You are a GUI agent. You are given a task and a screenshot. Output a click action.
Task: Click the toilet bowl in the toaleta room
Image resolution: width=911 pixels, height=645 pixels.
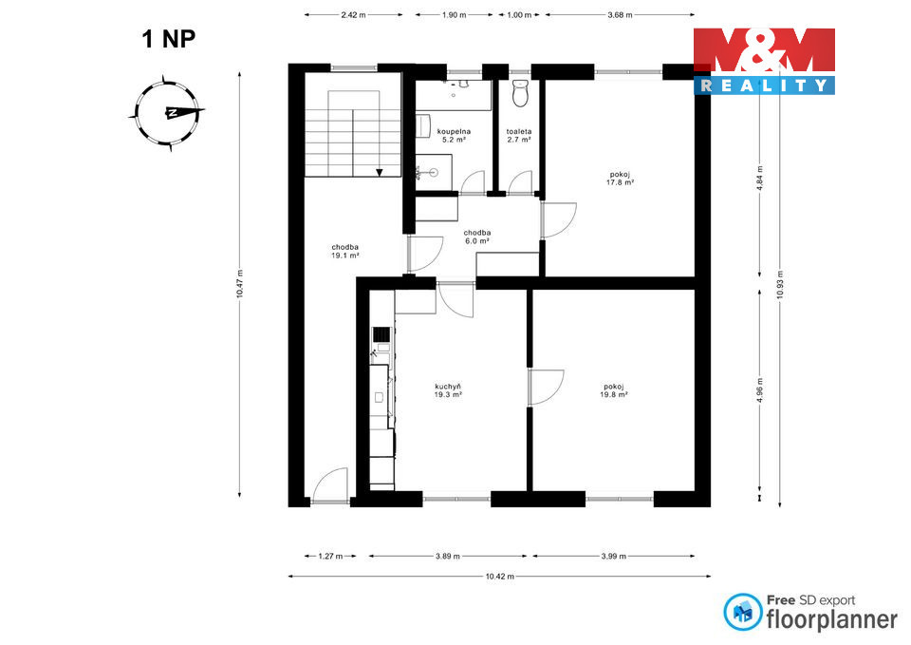coord(521,93)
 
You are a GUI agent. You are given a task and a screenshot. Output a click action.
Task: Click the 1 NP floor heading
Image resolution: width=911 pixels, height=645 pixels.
coord(169,39)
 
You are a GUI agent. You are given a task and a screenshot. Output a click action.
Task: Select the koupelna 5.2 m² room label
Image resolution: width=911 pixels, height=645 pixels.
coord(454,136)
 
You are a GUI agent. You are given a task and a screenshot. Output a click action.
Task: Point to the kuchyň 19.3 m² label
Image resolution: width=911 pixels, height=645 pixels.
coord(448,390)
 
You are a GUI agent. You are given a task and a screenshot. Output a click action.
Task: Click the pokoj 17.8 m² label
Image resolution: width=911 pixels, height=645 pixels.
coord(620,178)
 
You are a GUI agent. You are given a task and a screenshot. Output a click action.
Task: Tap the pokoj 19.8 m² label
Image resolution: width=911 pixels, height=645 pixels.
coord(614,390)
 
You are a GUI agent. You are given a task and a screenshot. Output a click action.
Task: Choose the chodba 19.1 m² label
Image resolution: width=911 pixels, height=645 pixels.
coord(345,251)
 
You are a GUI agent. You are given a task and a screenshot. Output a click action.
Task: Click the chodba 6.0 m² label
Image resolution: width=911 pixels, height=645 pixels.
coord(477,237)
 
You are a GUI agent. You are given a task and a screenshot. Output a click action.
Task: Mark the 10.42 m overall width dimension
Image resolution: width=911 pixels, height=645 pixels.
coord(500,577)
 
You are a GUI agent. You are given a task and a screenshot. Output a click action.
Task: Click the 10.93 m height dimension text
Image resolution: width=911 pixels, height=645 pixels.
coord(780,285)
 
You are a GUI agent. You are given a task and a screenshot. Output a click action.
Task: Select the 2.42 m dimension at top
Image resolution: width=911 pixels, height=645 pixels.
coord(353,15)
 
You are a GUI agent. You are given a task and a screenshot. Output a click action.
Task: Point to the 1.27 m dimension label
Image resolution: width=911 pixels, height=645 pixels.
coord(330,556)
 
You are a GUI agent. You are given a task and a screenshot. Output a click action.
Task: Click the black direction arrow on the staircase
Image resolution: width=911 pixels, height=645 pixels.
coord(380,172)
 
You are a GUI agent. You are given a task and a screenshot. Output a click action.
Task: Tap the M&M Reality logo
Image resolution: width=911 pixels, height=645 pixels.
coord(764,61)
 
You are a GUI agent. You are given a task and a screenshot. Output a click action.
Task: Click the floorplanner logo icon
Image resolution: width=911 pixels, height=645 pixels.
coord(742,612)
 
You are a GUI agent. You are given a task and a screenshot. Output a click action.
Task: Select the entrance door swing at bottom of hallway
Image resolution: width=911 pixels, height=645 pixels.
coord(330,485)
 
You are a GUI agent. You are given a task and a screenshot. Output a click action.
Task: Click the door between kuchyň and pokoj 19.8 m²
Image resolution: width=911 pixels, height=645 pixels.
coord(546,387)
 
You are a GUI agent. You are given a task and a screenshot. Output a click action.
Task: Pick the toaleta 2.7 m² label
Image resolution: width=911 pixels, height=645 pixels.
coord(519,136)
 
